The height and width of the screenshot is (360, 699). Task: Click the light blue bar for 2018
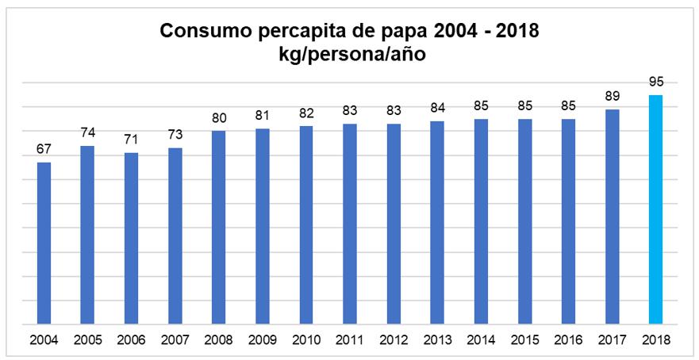point(655,210)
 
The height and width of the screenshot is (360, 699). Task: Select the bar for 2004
point(44,243)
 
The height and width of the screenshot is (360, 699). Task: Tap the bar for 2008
point(219,228)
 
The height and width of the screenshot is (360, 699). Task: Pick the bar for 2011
point(350,224)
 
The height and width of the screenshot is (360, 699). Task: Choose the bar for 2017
point(612,217)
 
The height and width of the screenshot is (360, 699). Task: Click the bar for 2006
point(132,239)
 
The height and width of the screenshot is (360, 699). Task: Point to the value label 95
point(655,82)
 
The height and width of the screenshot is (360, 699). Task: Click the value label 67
point(44,149)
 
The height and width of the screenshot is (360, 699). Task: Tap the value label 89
point(612,96)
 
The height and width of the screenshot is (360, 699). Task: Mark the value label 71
point(132,140)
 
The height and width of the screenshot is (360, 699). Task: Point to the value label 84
point(437,108)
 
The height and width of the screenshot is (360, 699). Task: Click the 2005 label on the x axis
point(88,340)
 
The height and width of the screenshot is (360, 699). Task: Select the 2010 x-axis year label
point(306,340)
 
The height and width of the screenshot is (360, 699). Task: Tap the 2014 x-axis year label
point(481,340)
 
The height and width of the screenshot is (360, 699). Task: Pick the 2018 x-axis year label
point(655,340)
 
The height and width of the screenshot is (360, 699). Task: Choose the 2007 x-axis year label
point(175,340)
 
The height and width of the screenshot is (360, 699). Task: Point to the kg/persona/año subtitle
point(350,56)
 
